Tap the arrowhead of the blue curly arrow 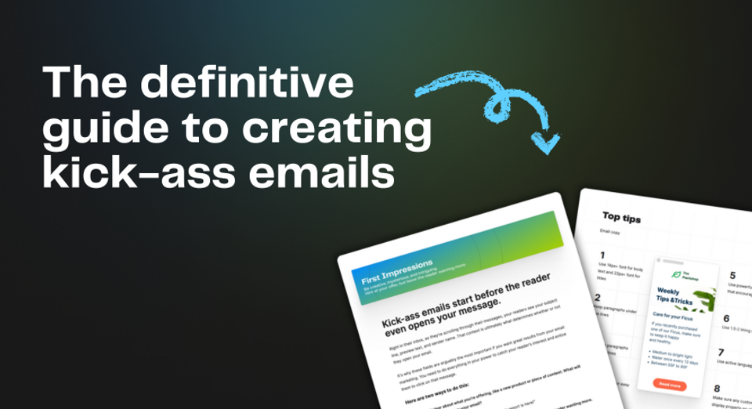(545, 143)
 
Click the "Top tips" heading (621, 217)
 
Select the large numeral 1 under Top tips (602, 255)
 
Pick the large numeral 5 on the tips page (732, 276)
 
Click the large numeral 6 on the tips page (726, 318)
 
